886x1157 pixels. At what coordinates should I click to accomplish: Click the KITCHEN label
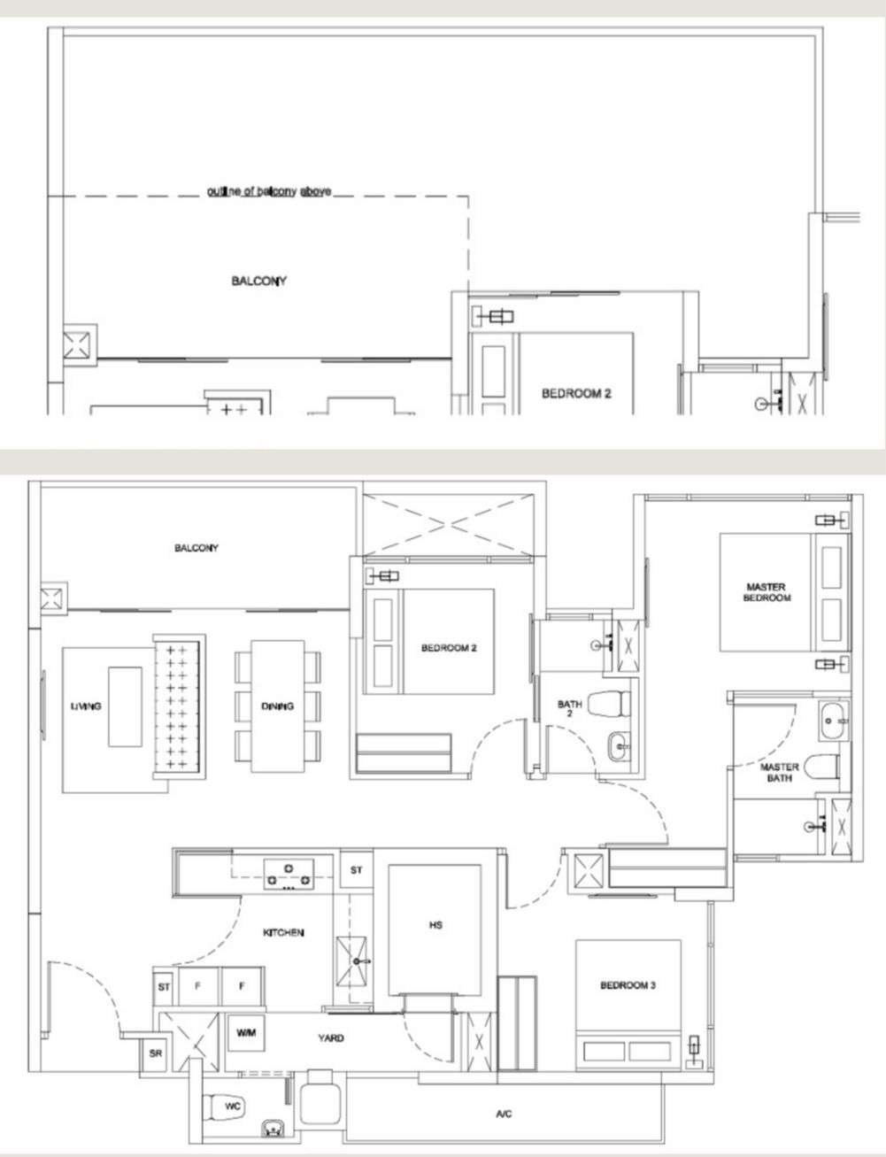[283, 933]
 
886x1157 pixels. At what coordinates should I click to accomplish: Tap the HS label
[435, 925]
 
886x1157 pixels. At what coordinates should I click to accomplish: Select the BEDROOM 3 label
[628, 985]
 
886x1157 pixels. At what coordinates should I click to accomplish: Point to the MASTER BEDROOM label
[767, 592]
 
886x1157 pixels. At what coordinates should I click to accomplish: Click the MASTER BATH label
[779, 773]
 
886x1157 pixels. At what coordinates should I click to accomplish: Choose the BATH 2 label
[569, 708]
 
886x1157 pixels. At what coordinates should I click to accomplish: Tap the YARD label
[331, 1038]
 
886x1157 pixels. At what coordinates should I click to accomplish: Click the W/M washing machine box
[246, 1033]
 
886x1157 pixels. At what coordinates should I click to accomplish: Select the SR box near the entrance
[156, 1053]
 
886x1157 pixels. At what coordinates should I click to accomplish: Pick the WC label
[233, 1107]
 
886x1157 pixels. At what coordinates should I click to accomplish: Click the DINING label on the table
[277, 706]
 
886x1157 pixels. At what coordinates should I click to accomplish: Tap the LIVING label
[86, 706]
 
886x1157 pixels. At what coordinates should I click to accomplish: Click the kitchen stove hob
[289, 875]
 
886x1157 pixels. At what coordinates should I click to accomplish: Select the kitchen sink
[351, 961]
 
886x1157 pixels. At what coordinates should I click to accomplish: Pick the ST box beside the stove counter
[356, 870]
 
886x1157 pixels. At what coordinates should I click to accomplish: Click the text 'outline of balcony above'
[269, 191]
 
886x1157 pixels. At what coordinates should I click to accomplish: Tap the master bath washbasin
[833, 721]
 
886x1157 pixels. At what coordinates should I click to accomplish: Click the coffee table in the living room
[125, 706]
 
